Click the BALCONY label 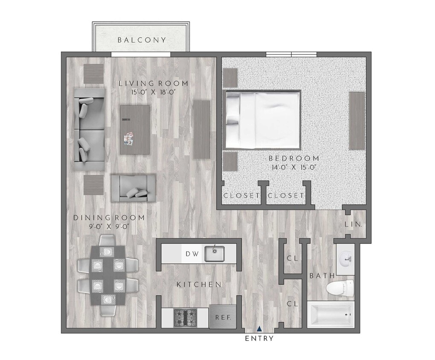[142, 40]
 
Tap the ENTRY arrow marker [259, 328]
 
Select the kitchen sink [215, 254]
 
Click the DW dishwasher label [192, 254]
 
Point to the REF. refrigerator [223, 317]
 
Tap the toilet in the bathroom [341, 289]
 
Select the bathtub [331, 315]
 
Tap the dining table [108, 276]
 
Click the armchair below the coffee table [133, 188]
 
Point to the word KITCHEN [199, 285]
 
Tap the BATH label [322, 276]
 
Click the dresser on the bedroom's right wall [357, 121]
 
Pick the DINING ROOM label [109, 218]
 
